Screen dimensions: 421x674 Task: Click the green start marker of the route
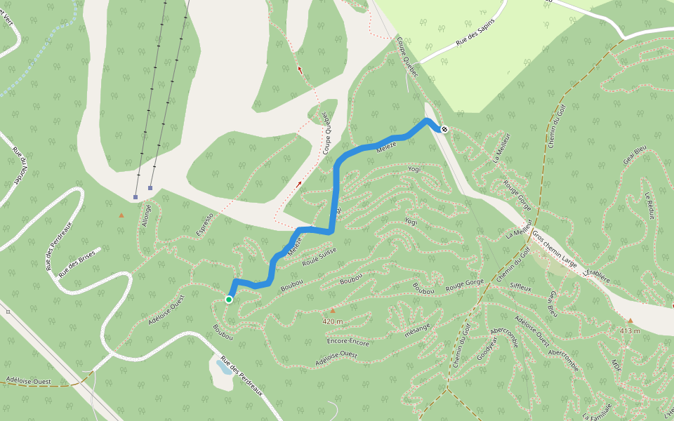pyautogui.click(x=229, y=300)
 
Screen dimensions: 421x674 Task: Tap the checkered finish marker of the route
pyautogui.click(x=444, y=128)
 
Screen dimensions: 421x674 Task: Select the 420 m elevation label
pyautogui.click(x=333, y=321)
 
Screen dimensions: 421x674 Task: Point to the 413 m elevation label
pyautogui.click(x=630, y=330)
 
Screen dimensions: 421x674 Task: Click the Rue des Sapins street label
pyautogui.click(x=475, y=32)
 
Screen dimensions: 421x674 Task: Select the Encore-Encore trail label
pyautogui.click(x=348, y=342)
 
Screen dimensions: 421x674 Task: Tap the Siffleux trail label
pyautogui.click(x=521, y=288)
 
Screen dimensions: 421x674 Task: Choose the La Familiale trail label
pyautogui.click(x=597, y=411)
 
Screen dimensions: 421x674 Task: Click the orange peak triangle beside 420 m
pyautogui.click(x=333, y=309)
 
